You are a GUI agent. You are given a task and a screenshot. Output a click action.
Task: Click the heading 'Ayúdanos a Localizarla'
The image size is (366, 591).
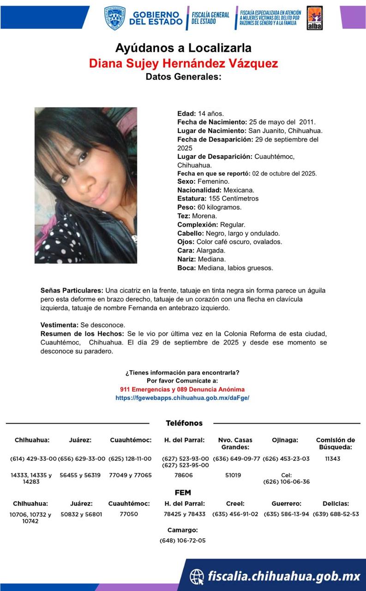point(183,48)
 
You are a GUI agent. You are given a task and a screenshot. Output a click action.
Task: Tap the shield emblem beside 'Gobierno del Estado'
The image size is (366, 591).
point(114,18)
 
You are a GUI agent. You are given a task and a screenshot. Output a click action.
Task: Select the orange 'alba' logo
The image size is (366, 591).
point(315,18)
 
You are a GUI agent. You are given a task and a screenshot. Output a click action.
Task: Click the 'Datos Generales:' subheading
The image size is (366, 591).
point(183,77)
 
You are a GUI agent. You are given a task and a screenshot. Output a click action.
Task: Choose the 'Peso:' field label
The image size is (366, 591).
point(186,207)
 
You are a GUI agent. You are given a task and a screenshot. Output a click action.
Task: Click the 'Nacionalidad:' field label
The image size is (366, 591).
point(199,190)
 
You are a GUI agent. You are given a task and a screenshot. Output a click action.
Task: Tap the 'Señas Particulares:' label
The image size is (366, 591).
point(72,291)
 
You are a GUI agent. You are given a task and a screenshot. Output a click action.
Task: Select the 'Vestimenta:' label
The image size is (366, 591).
point(59,325)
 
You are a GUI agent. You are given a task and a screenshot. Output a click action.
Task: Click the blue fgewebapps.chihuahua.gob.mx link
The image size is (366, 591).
point(182,398)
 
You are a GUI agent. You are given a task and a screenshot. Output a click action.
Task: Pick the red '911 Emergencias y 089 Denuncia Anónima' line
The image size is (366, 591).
point(182,389)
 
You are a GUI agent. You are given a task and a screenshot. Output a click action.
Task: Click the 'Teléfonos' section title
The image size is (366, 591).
point(184,423)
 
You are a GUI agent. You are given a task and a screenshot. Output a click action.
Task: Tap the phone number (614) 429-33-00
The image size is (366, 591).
point(33,459)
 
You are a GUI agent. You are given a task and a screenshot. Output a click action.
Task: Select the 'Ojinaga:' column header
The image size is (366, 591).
point(285,440)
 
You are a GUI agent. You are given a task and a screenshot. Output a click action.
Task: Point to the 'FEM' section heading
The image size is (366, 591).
point(183,493)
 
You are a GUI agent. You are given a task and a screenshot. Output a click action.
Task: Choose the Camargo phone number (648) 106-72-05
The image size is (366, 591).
point(182,540)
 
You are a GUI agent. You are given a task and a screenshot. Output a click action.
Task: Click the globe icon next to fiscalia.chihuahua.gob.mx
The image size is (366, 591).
point(197,576)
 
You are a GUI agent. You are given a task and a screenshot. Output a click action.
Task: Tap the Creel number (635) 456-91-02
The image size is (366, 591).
point(235,514)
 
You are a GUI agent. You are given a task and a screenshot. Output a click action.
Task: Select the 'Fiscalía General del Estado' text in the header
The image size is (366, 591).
point(210,18)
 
